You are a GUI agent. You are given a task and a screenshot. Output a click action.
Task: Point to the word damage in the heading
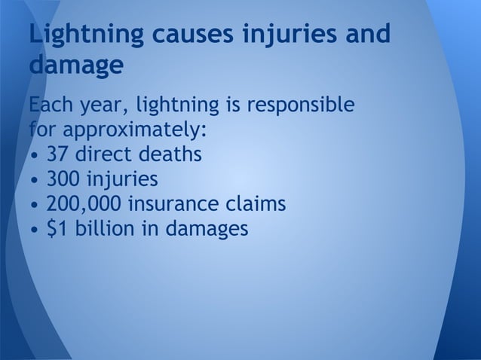[75, 66]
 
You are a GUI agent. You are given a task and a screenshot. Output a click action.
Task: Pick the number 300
[65, 179]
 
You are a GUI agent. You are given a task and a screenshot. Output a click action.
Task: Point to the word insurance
[176, 203]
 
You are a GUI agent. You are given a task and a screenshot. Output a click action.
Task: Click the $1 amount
[56, 227]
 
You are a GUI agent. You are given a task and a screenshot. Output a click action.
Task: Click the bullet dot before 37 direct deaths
[35, 157]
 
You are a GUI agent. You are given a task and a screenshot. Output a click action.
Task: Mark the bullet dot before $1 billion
[35, 229]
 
